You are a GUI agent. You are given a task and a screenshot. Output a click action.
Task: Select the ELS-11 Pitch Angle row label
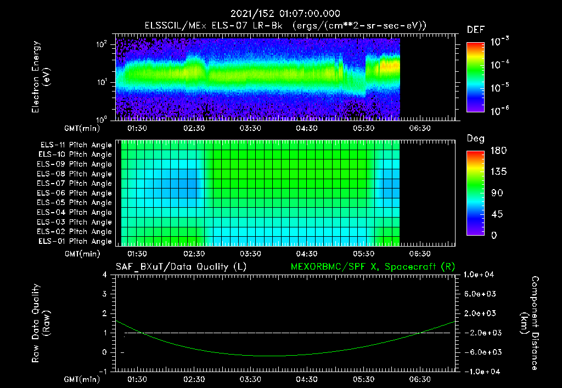[x=76, y=145]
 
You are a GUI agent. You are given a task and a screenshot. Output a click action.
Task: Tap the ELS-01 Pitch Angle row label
[x=76, y=241]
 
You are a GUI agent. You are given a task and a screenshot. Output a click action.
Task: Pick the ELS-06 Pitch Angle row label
[x=76, y=193]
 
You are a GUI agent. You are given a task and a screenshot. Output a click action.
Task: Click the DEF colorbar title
[x=475, y=30]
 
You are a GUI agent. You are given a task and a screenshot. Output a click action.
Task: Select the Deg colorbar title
[x=475, y=139]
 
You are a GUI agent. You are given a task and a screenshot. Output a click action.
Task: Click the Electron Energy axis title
[x=41, y=77]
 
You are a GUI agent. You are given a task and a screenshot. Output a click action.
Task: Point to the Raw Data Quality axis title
[x=41, y=323]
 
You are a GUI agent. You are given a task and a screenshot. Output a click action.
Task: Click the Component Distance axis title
[x=531, y=323]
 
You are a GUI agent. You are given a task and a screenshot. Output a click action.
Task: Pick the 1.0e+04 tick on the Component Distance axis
[x=481, y=275]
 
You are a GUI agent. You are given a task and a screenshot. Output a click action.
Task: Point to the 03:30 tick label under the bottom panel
[x=250, y=379]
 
